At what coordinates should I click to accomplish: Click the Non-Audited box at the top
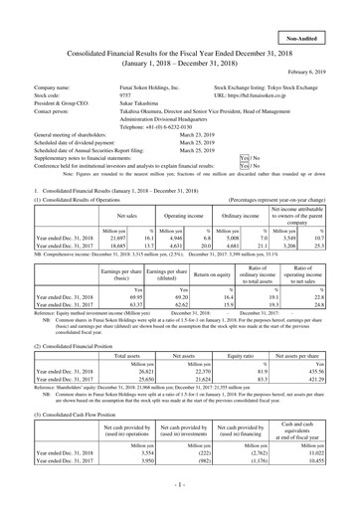point(322,10)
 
